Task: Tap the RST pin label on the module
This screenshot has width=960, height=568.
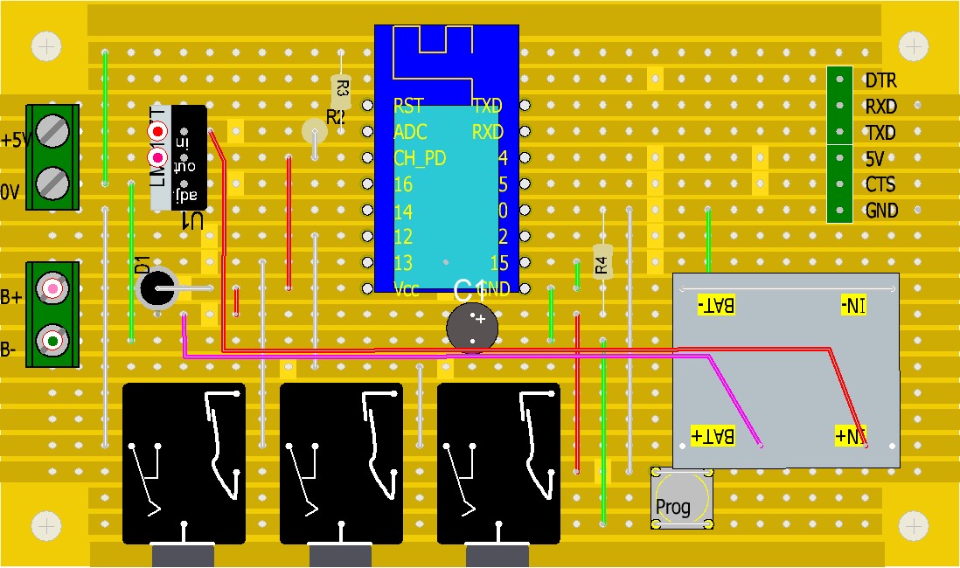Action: click(x=408, y=107)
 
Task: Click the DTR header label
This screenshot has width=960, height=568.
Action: click(x=880, y=80)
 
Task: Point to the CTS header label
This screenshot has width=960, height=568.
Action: click(x=880, y=185)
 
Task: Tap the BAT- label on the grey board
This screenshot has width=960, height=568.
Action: click(x=717, y=305)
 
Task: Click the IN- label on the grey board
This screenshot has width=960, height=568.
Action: click(x=852, y=305)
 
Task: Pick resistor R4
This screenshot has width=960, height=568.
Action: click(x=601, y=260)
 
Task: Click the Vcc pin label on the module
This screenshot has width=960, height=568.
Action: click(x=406, y=290)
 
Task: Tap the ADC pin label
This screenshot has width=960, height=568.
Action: click(x=411, y=133)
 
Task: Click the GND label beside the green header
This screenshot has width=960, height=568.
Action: click(x=881, y=211)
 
